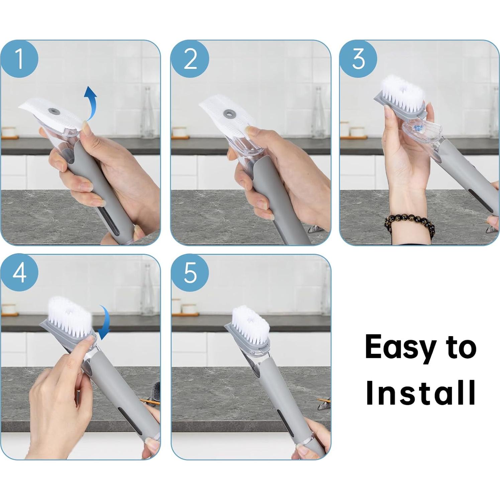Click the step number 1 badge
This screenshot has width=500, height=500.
click(x=19, y=59)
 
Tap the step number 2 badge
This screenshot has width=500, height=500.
click(x=190, y=59)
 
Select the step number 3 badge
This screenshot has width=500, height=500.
click(x=359, y=59)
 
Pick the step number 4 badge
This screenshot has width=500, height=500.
click(x=19, y=273)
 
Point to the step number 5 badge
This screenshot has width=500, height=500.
click(x=190, y=273)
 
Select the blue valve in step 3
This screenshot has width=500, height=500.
click(x=416, y=127)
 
